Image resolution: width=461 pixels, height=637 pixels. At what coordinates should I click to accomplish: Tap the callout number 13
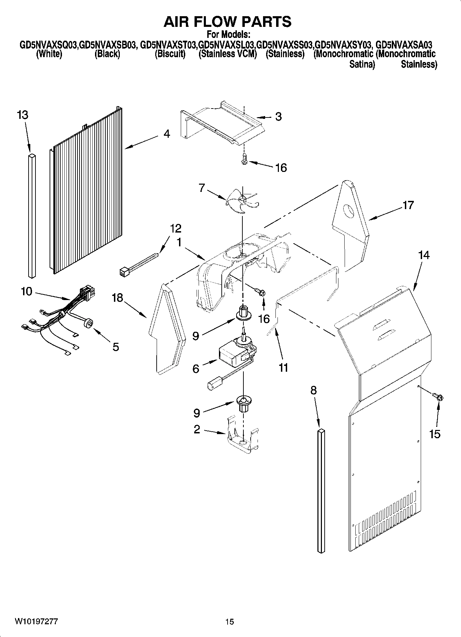[x=22, y=115]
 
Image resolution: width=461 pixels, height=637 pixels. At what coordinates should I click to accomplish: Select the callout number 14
[x=424, y=255]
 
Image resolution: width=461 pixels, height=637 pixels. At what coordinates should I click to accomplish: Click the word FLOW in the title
[x=228, y=22]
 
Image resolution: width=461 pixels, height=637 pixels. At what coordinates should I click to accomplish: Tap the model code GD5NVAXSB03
[x=107, y=45]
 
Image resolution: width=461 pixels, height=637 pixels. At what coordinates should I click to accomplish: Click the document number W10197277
[x=36, y=621]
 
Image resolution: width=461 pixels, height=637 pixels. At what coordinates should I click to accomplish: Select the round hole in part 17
[x=349, y=210]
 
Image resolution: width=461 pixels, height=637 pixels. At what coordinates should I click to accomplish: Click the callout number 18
[x=117, y=297]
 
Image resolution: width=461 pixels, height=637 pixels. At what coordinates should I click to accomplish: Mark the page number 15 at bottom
[x=230, y=621]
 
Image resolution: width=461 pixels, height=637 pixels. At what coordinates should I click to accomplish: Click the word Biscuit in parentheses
[x=170, y=54]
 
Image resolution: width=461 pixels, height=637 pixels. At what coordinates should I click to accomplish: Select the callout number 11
[x=283, y=368]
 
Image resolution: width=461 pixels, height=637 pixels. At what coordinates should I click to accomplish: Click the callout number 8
[x=313, y=390]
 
